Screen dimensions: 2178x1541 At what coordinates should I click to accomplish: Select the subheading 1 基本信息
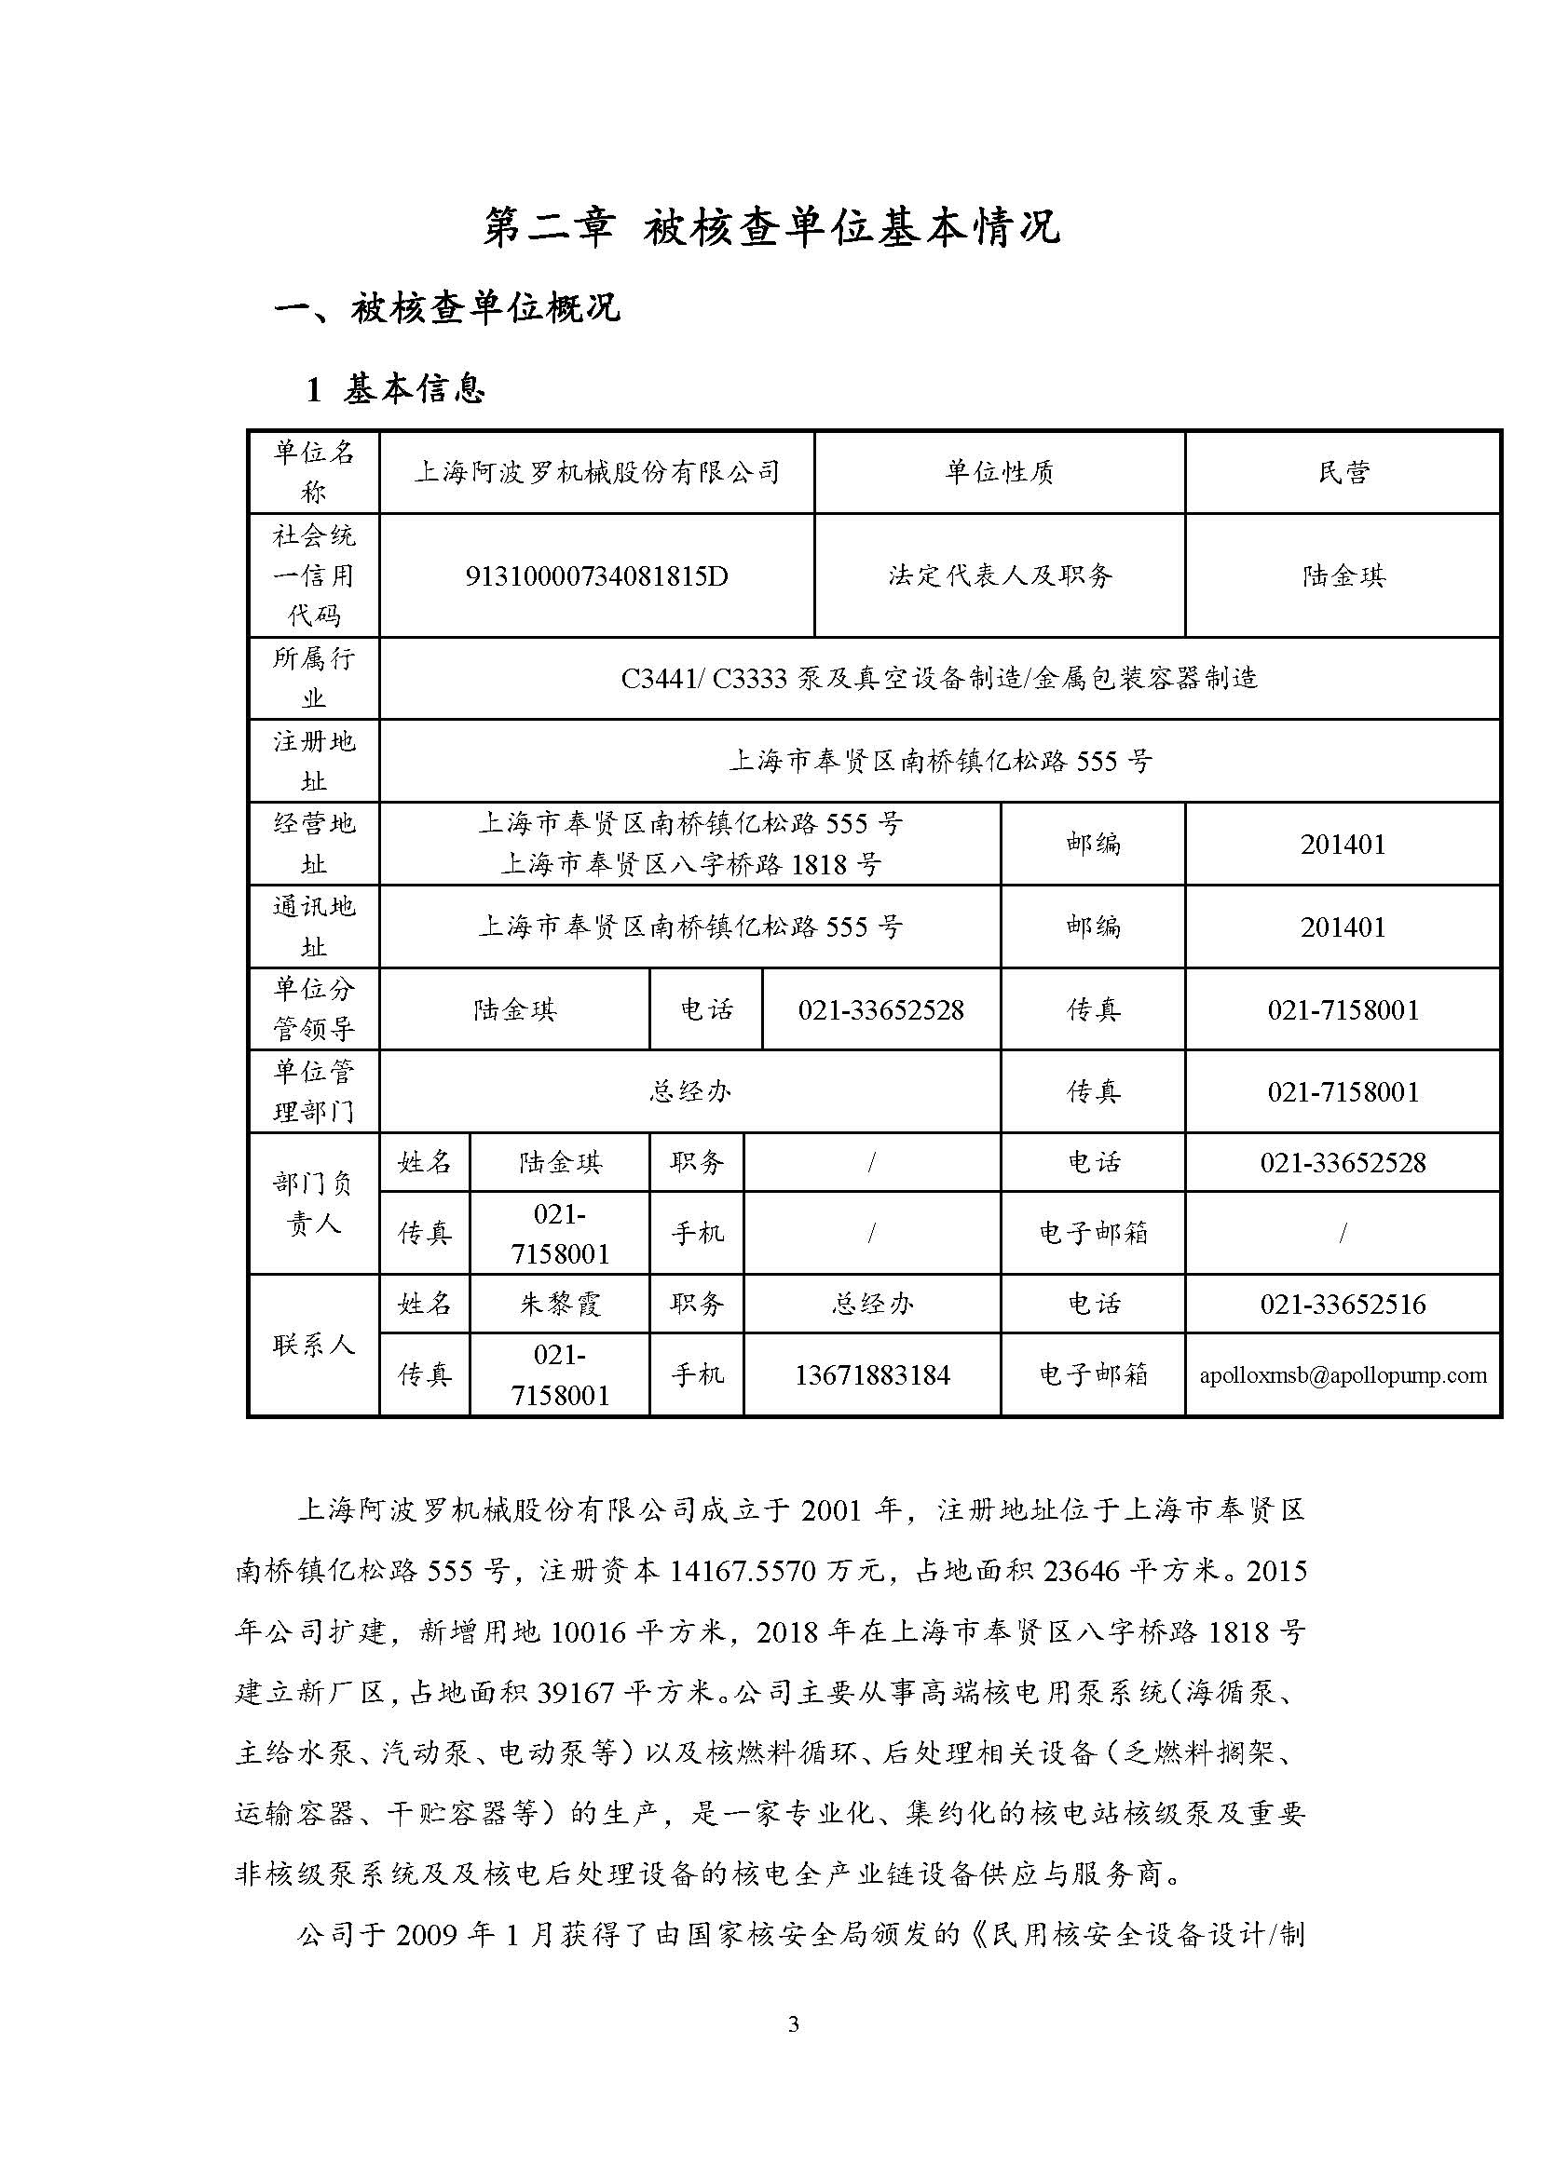coord(396,389)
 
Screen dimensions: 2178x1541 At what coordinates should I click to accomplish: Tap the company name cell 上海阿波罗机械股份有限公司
coord(596,472)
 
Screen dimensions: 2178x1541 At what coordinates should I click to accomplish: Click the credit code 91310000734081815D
coord(596,575)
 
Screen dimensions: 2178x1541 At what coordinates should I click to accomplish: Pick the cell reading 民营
coord(1343,472)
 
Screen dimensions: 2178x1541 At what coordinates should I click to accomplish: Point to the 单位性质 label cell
coord(999,472)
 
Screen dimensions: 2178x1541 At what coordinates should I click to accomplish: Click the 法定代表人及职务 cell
coord(999,575)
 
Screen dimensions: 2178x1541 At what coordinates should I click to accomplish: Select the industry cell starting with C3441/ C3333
coord(938,678)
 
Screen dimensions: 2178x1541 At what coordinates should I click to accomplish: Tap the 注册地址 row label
coord(313,761)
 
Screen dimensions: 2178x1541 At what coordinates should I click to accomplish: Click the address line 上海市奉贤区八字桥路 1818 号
coord(689,864)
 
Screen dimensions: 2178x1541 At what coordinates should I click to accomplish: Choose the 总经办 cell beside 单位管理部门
coord(689,1091)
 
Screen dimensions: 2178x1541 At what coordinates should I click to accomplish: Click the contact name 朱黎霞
coord(559,1304)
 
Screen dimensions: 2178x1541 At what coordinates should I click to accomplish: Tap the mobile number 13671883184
coord(872,1374)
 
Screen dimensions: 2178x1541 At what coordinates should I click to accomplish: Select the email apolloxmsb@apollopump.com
coord(1343,1374)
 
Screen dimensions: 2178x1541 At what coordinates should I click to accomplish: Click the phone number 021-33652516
coord(1343,1304)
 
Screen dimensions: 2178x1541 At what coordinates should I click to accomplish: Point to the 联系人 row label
coord(313,1345)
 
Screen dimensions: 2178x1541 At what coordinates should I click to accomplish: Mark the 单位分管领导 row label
coord(313,1008)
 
